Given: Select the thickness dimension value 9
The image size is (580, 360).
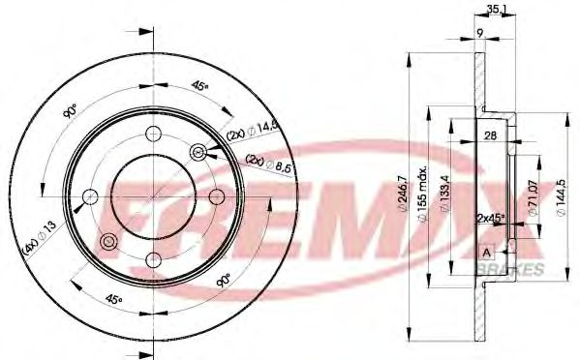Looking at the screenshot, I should [x=479, y=34].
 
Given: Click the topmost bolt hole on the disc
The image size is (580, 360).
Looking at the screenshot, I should [x=152, y=135].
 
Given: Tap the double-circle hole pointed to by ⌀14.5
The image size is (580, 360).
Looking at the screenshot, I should [x=198, y=151].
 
